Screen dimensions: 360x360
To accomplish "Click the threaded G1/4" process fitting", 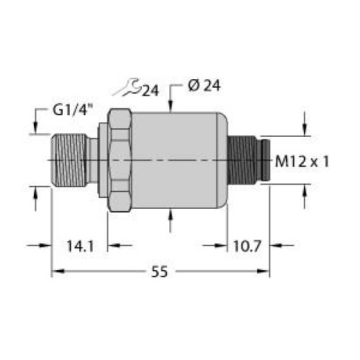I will click(x=72, y=160).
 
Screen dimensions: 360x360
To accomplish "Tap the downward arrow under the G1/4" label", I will click(x=36, y=130).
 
